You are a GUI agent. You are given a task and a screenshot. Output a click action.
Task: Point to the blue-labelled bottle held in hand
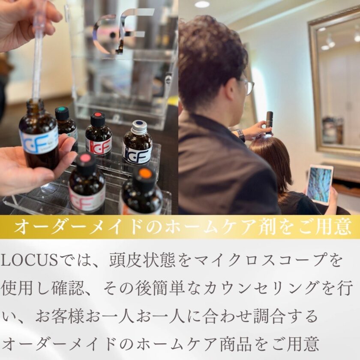pyautogui.click(x=39, y=135)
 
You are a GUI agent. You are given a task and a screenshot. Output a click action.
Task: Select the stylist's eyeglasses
pyautogui.click(x=249, y=86)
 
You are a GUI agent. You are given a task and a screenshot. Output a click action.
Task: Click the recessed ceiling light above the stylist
pyautogui.click(x=202, y=4)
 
